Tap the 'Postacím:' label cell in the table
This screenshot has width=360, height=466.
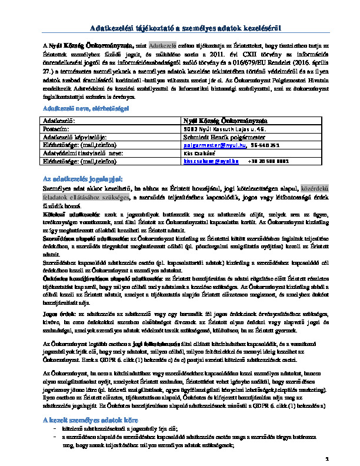click(56, 128)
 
